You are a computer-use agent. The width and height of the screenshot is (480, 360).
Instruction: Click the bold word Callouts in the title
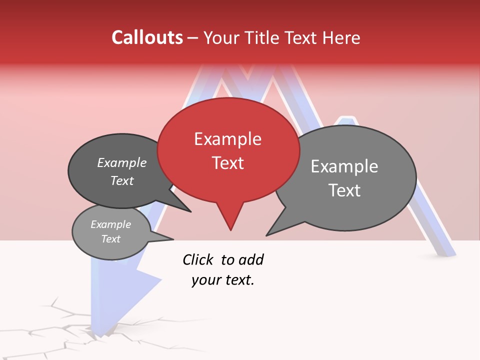tap(147, 37)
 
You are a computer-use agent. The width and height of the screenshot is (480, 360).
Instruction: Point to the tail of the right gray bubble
tap(277, 227)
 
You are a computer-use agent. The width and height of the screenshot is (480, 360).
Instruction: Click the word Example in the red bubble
tap(227, 139)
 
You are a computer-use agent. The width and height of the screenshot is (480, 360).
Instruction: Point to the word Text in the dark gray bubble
tap(122, 180)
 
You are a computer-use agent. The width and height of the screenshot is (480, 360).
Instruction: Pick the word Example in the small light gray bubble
tap(110, 224)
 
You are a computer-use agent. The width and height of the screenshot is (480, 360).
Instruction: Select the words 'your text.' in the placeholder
tap(222, 280)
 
